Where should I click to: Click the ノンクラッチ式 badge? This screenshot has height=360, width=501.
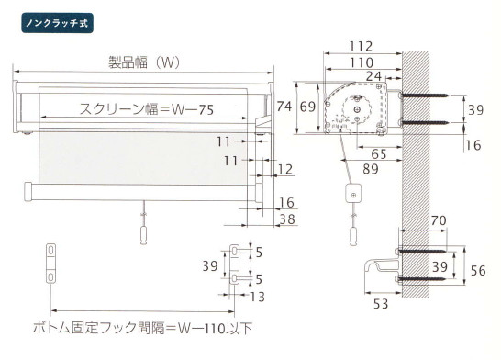pyautogui.click(x=58, y=23)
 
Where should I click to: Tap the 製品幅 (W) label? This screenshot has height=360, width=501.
pyautogui.click(x=144, y=62)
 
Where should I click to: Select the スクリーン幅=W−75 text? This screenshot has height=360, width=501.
pyautogui.click(x=147, y=109)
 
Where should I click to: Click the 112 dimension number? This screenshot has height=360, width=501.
pyautogui.click(x=361, y=46)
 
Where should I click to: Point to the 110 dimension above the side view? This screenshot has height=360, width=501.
pyautogui.click(x=361, y=62)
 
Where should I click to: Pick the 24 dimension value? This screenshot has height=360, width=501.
pyautogui.click(x=374, y=76)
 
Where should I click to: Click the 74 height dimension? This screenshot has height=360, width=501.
pyautogui.click(x=284, y=107)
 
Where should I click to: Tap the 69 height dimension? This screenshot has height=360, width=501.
pyautogui.click(x=307, y=107)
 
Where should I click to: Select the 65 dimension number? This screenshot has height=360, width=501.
pyautogui.click(x=379, y=154)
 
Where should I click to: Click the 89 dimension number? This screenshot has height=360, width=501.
pyautogui.click(x=371, y=169)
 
